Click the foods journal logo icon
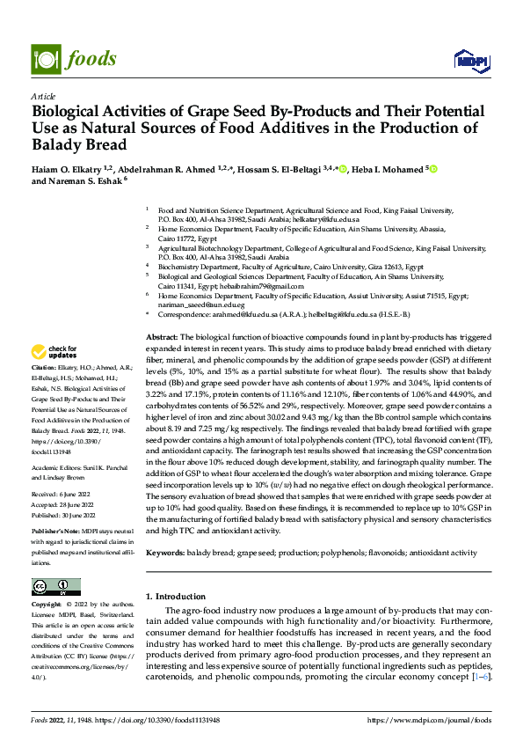45,58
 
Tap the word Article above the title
43,96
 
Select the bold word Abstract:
162,338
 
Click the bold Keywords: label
165,553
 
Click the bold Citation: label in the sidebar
44,365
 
